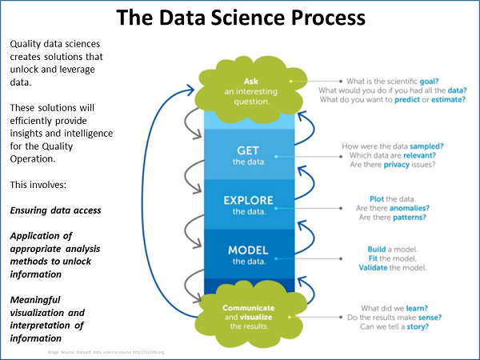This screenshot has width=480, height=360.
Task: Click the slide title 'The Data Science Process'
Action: (x=240, y=18)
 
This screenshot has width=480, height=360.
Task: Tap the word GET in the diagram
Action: (x=247, y=150)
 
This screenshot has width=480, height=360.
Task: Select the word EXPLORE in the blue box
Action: (x=248, y=200)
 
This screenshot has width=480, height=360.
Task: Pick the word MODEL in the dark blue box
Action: (x=248, y=250)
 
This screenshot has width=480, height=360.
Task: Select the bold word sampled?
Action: (x=438, y=146)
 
